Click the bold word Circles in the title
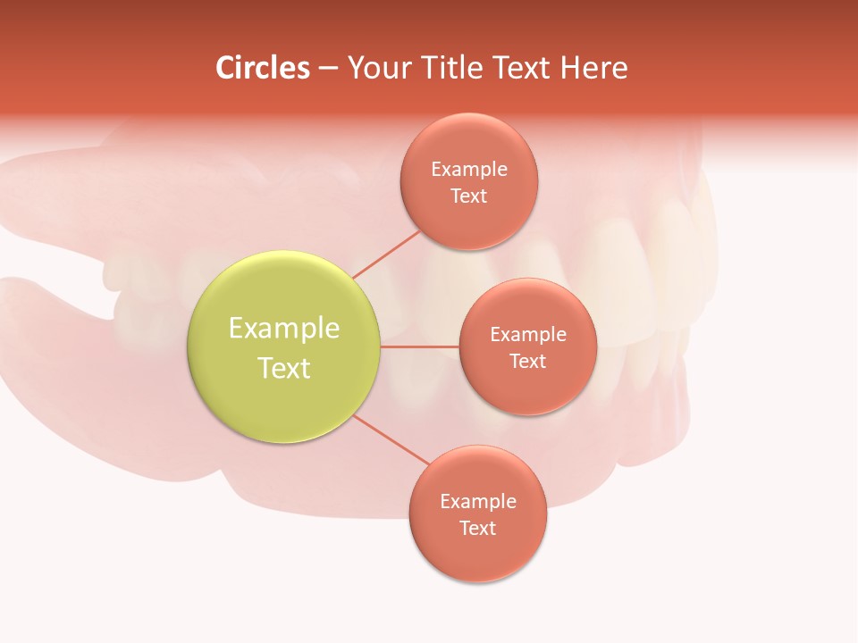[262, 68]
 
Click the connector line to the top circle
[386, 255]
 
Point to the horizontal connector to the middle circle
[420, 347]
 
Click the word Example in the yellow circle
[284, 328]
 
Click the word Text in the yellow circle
[284, 368]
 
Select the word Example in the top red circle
[468, 169]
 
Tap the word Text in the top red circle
[468, 196]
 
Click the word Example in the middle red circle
[527, 334]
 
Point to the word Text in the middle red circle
[527, 361]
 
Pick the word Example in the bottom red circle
[477, 501]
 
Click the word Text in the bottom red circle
[477, 528]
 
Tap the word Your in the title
[374, 68]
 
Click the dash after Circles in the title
[327, 69]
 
